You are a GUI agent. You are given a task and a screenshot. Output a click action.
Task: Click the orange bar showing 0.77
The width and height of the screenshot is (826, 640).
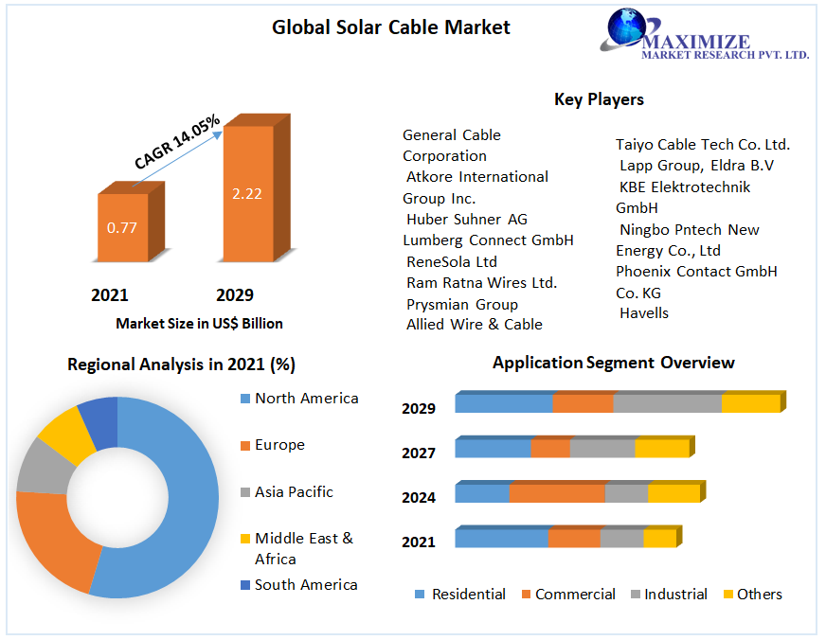pos(122,227)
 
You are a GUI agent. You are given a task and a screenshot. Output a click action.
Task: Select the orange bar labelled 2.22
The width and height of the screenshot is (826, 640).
pos(247,194)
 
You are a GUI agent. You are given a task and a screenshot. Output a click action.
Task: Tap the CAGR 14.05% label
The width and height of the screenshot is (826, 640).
pos(177,142)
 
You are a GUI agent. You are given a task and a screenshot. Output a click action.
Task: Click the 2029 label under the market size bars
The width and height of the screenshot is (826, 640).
pos(234,295)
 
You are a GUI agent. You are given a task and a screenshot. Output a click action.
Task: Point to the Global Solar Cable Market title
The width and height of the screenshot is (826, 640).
pos(390,27)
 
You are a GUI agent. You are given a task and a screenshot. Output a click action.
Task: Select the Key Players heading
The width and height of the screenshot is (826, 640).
pos(599,99)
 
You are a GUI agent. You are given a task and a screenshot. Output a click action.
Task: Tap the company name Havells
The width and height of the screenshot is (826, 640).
pos(644,313)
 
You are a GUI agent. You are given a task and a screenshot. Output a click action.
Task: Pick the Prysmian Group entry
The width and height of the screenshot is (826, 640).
pos(462,304)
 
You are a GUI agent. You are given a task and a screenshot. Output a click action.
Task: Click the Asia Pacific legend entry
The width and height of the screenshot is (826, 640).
pos(294,492)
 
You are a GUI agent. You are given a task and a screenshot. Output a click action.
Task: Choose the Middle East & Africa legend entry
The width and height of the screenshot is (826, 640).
pos(303,548)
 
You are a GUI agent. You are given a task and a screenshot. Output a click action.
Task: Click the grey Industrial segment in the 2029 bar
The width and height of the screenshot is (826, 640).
pos(667,403)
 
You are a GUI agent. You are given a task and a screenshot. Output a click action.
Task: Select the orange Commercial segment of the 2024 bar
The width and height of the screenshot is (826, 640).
pos(556,493)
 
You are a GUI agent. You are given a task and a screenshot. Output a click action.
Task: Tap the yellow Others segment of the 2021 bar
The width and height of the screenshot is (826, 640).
pos(659,538)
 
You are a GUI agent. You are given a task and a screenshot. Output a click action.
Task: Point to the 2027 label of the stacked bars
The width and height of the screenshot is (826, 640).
pos(419,453)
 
